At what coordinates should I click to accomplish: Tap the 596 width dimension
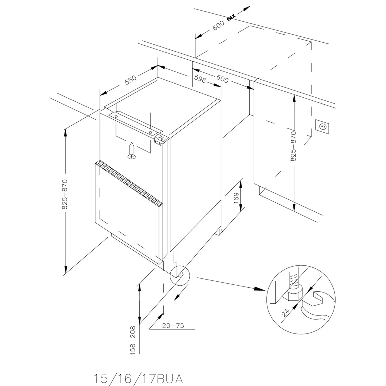(200, 79)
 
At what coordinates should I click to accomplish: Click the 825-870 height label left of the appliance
(65, 194)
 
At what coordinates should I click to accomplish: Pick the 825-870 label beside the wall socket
(293, 146)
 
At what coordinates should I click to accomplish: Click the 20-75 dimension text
(173, 325)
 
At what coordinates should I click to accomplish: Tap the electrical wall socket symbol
(322, 125)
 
